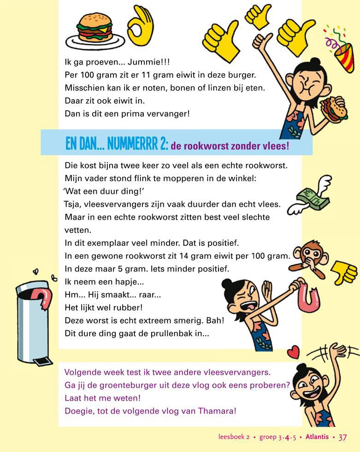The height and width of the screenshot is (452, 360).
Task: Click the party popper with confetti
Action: tap(341, 48)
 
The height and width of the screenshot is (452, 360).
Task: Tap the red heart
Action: tap(293, 353)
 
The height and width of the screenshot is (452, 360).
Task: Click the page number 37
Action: tap(342, 437)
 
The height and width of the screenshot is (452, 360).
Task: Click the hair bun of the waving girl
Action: tap(302, 368)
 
